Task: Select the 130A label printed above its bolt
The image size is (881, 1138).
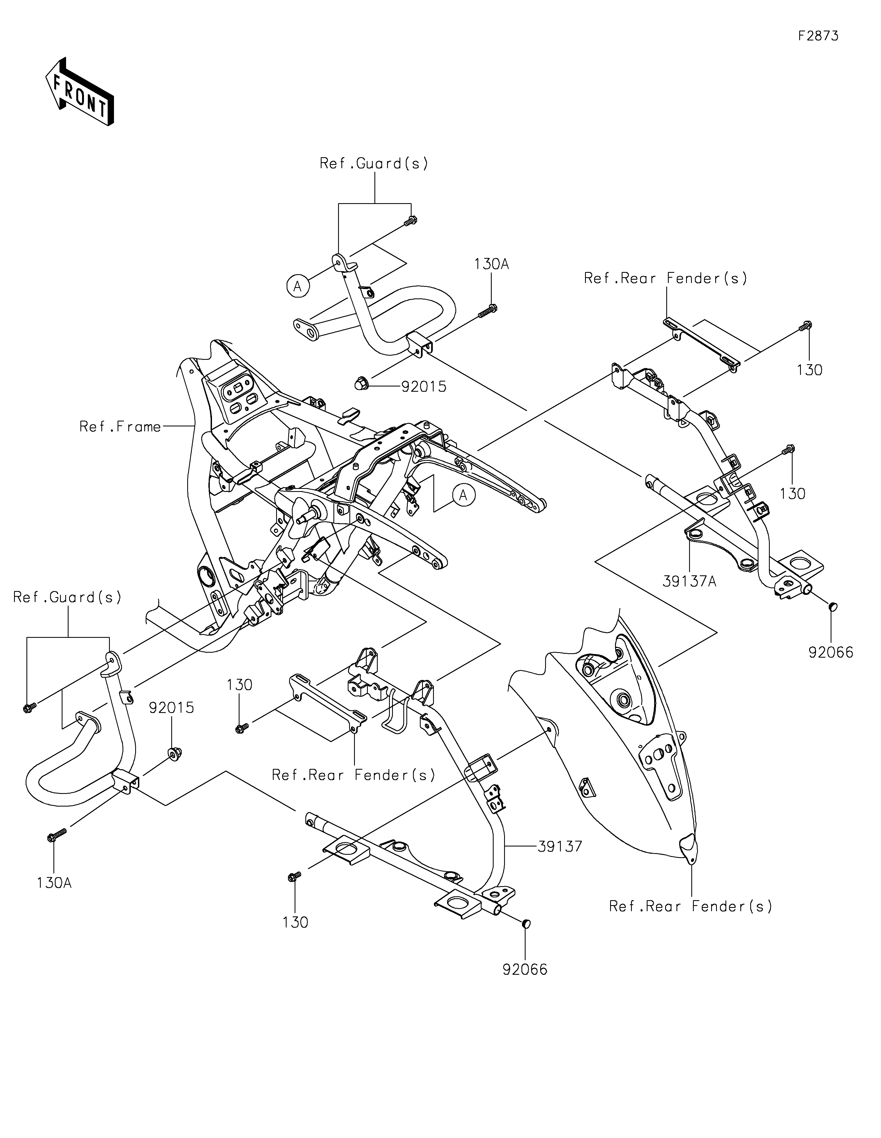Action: (491, 264)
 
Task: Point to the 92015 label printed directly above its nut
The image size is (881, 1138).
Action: (172, 707)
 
